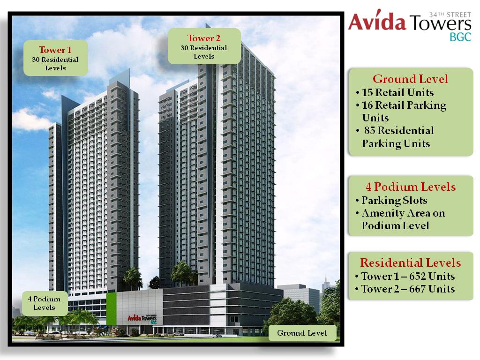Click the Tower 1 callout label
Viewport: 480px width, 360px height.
tap(56, 58)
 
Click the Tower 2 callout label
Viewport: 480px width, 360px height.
tap(204, 46)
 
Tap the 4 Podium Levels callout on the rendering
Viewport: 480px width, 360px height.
tap(45, 303)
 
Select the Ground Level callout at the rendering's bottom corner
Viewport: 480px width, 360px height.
tap(302, 333)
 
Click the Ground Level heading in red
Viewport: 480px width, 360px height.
tap(410, 79)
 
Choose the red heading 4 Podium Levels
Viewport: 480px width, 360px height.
tap(411, 187)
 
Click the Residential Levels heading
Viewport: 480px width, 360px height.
tap(411, 262)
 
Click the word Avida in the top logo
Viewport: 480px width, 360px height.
tap(377, 22)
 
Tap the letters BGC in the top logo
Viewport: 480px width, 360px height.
tap(460, 37)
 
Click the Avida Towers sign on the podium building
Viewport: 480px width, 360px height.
tap(142, 318)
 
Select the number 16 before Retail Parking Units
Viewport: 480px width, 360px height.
tap(368, 105)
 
